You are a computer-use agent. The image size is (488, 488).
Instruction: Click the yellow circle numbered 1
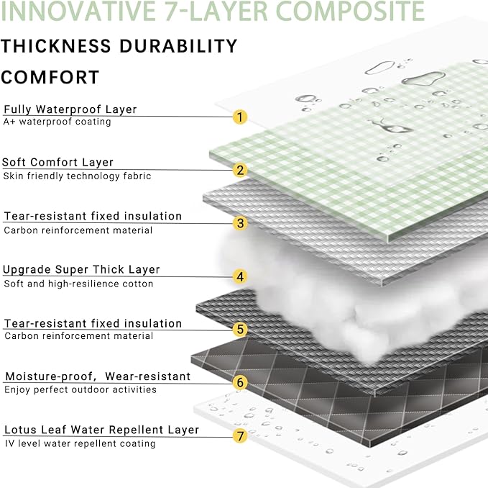[x=241, y=117]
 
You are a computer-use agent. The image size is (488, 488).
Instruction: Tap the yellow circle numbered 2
[x=241, y=170]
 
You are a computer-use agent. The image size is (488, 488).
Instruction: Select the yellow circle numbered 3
[x=241, y=223]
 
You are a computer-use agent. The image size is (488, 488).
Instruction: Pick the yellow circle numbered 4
[x=241, y=276]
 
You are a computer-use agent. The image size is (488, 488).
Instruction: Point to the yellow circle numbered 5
[x=241, y=330]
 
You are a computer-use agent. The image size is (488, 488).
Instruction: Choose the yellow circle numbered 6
[x=241, y=382]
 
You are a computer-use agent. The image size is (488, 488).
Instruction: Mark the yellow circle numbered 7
[x=241, y=435]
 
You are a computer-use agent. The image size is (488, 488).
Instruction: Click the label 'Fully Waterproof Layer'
[x=70, y=109]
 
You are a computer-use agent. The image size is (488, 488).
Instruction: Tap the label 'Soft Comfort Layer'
[x=58, y=163]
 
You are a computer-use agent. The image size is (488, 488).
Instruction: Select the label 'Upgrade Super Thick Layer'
[x=81, y=270]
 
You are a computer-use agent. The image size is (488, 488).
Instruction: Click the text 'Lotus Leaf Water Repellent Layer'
[x=101, y=430]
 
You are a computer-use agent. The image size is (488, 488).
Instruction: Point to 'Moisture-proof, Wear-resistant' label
[x=98, y=376]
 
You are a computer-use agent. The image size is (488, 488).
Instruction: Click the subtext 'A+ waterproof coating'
[x=57, y=122]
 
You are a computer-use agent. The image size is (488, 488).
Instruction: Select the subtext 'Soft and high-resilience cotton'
[x=78, y=284]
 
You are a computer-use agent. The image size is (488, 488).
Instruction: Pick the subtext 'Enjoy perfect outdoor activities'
[x=80, y=389]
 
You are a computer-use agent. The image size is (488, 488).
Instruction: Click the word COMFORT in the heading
[x=50, y=77]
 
